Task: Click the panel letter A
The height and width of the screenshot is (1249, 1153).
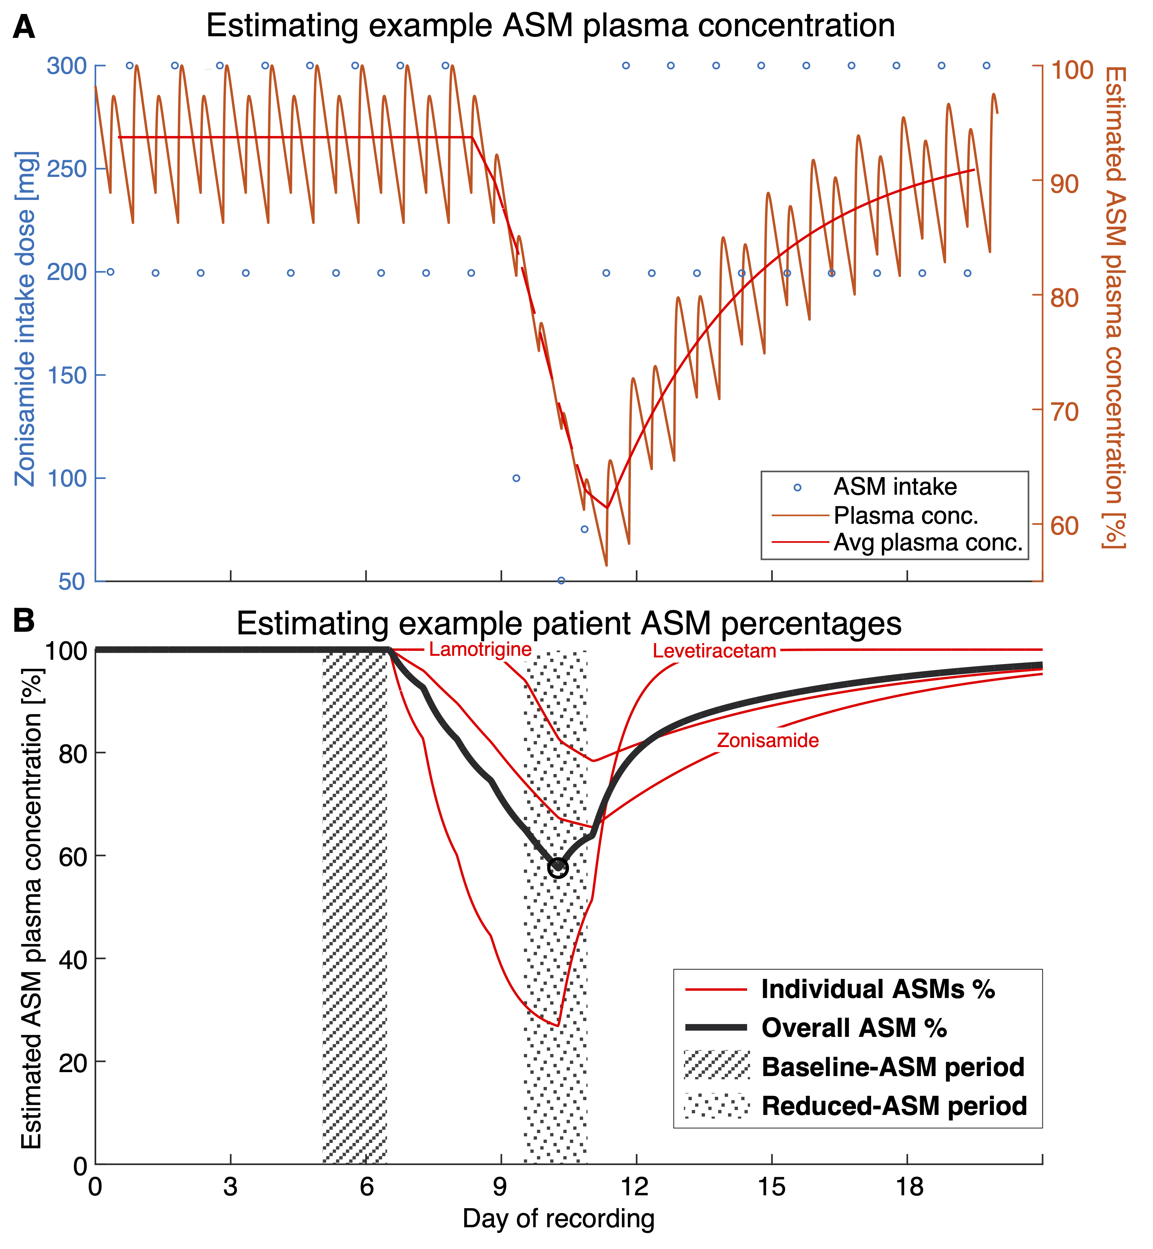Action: [x=24, y=27]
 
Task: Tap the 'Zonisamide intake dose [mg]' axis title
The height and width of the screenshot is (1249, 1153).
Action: [x=26, y=318]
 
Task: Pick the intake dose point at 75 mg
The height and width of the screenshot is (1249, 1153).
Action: [x=585, y=530]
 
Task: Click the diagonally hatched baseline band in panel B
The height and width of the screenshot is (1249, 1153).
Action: [x=354, y=904]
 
